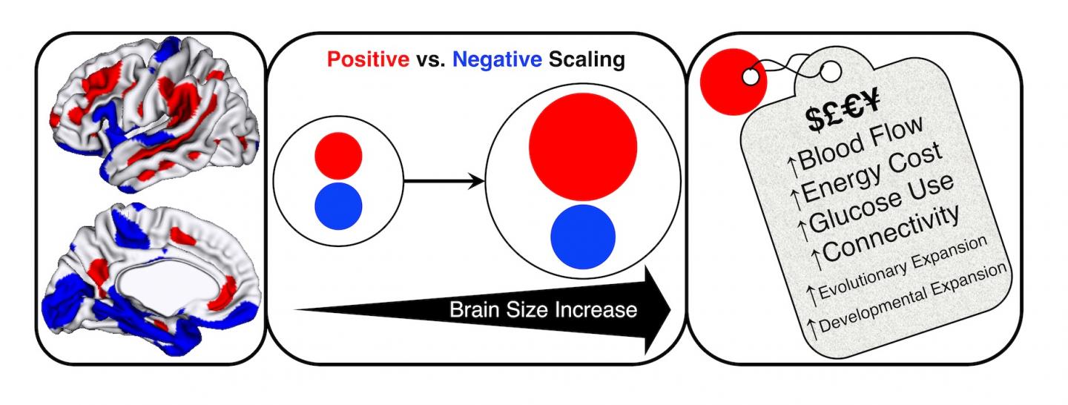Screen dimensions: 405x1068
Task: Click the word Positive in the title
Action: pyautogui.click(x=364, y=59)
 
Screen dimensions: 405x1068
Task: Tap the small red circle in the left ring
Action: pyautogui.click(x=338, y=157)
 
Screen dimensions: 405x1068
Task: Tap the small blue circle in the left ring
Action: pyautogui.click(x=338, y=204)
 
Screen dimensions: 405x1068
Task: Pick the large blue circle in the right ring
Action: pyautogui.click(x=583, y=234)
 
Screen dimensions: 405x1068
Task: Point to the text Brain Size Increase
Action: pyautogui.click(x=543, y=309)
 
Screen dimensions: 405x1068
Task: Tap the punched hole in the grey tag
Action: pyautogui.click(x=831, y=72)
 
